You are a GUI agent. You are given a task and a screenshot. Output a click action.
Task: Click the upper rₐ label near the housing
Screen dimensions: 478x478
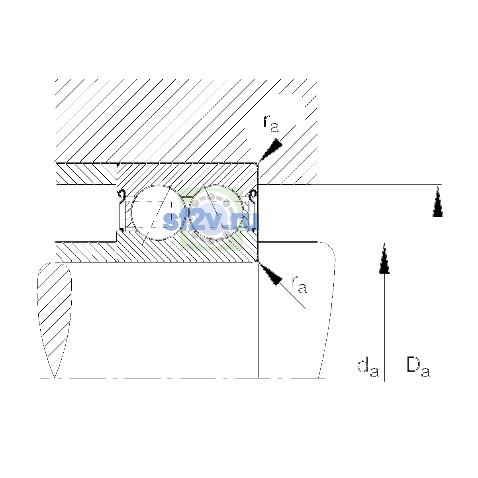point(271,124)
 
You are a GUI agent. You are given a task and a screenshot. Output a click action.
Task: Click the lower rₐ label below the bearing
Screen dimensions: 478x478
point(299,284)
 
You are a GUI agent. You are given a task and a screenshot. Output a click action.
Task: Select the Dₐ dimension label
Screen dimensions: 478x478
point(418,368)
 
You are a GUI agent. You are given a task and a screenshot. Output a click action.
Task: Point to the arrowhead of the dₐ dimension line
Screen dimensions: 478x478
point(384,258)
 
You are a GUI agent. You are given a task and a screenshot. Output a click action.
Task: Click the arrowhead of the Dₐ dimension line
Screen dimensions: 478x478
point(438,201)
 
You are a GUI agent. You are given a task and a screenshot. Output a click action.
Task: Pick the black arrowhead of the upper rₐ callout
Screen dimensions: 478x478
point(271,150)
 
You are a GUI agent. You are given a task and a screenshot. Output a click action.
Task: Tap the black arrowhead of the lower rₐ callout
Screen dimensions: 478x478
point(270,274)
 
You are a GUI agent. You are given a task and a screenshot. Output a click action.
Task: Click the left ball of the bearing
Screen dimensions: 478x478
point(158,212)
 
